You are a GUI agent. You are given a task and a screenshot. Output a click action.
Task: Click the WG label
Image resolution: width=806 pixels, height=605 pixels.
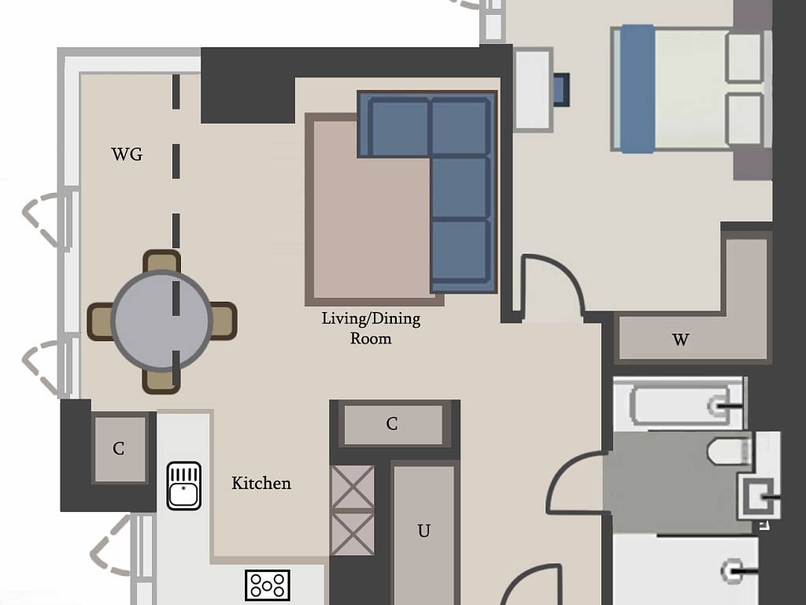(x=127, y=154)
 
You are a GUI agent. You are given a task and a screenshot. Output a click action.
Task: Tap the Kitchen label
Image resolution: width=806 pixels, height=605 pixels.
(x=261, y=483)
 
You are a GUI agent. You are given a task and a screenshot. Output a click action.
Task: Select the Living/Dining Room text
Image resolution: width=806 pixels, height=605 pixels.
(x=371, y=328)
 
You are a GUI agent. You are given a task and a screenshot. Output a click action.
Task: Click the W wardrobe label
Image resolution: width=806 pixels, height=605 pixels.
(x=680, y=340)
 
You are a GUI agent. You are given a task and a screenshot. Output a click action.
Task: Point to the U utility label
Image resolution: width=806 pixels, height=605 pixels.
(x=424, y=530)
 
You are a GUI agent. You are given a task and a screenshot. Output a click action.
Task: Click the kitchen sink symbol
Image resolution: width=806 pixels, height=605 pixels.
(x=184, y=485)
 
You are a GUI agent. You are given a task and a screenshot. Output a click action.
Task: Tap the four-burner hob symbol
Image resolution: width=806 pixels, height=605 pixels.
(x=268, y=585)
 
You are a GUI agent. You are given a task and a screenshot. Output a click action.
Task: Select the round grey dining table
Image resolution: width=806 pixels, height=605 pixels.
(x=162, y=321)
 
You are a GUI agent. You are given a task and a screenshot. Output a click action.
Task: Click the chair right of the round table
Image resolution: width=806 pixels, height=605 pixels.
(x=224, y=321)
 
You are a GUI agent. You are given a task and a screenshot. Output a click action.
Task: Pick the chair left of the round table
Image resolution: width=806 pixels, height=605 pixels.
(x=99, y=321)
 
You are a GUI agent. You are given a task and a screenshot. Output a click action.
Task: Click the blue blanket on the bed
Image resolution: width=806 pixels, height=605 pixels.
(x=638, y=89)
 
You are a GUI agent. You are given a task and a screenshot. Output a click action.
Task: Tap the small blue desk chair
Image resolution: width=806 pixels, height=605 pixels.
(x=561, y=90)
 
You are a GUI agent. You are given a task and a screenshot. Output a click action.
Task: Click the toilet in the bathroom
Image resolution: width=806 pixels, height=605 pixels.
(x=730, y=451)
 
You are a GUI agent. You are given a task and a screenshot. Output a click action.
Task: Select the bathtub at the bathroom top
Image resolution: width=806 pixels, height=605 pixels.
(x=679, y=404)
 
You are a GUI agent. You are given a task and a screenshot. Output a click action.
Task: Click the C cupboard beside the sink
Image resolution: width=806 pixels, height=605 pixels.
(x=120, y=448)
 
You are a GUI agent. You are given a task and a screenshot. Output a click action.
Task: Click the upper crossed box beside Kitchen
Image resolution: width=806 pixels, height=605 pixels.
(x=353, y=487)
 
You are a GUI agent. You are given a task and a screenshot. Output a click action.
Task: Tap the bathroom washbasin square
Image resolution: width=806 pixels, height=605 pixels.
(x=758, y=497)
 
